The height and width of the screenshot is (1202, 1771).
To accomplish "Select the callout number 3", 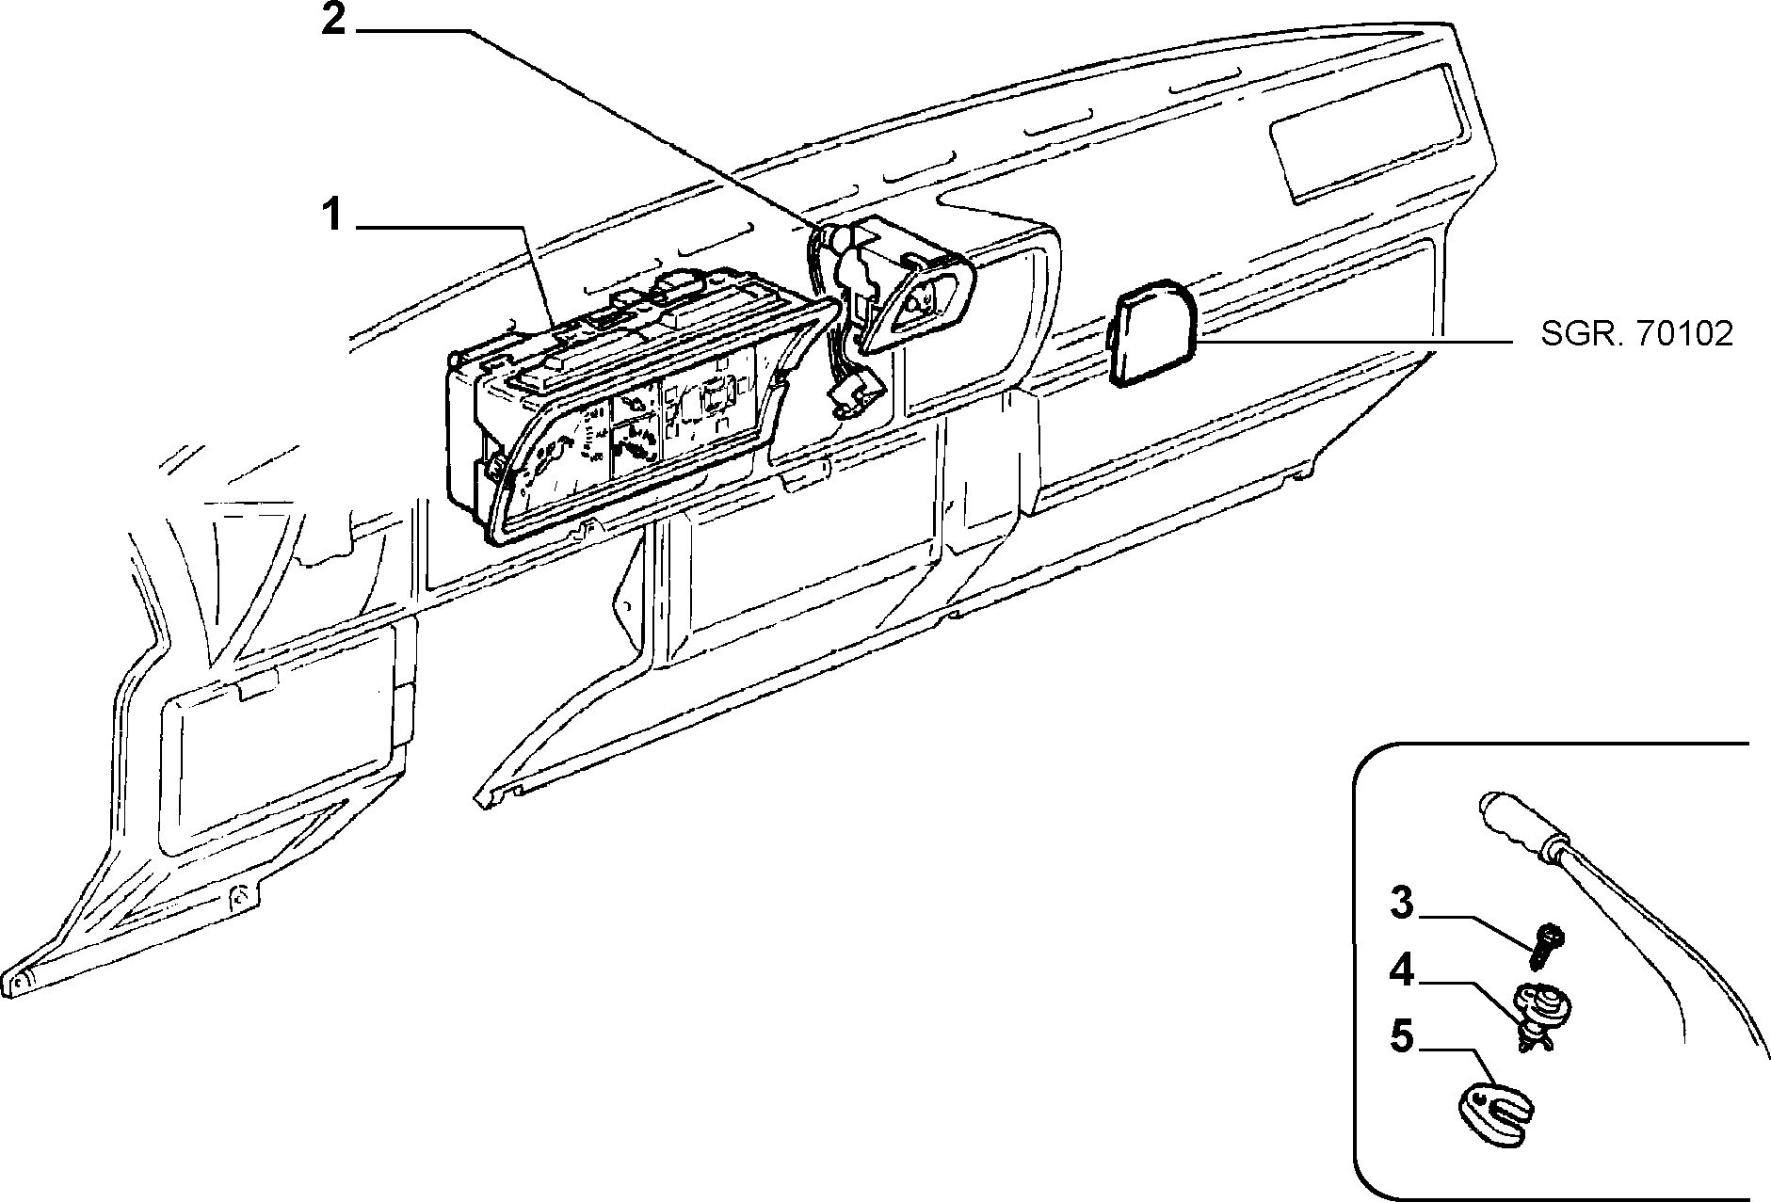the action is coord(1402,905).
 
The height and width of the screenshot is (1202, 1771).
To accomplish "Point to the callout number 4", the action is coord(1402,971).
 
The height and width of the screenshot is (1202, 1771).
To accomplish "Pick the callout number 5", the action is coord(1402,1038).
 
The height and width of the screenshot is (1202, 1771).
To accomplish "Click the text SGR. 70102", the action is coord(1636,334).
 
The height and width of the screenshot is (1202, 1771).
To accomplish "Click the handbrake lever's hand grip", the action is coord(1519,825).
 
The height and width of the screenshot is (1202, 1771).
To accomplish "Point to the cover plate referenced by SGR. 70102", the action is coord(1151,331).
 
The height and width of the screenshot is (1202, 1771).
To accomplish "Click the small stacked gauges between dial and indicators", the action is coord(635,428).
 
